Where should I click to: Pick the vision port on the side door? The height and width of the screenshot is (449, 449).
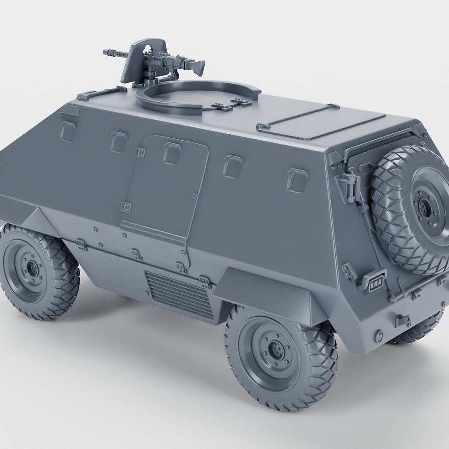[172, 153]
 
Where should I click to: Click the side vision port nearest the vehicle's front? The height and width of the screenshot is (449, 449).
[68, 131]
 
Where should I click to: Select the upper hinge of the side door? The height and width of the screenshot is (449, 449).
[140, 152]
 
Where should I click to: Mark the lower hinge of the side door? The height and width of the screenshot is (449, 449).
[126, 207]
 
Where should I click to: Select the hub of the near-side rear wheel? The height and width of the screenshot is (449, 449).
[276, 351]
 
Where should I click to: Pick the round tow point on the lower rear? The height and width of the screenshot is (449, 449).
[378, 336]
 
